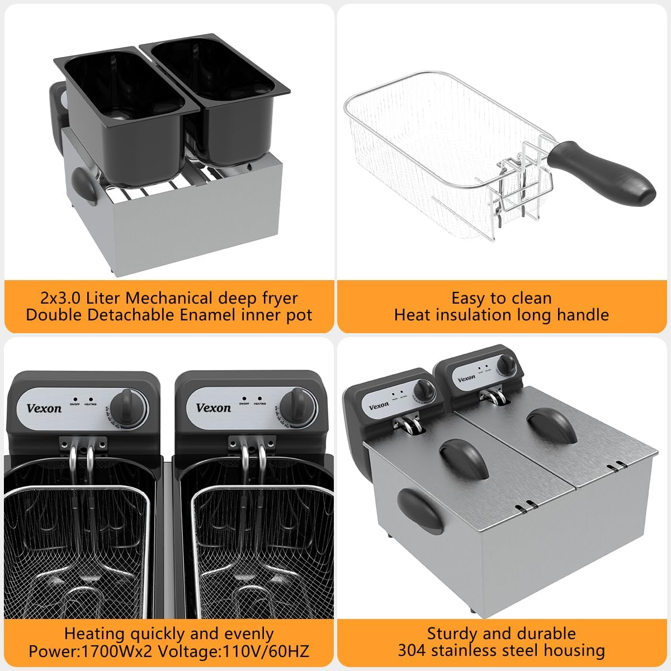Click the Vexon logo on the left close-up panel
(44, 408)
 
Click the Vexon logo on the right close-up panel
(213, 408)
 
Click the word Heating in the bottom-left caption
(94, 634)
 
